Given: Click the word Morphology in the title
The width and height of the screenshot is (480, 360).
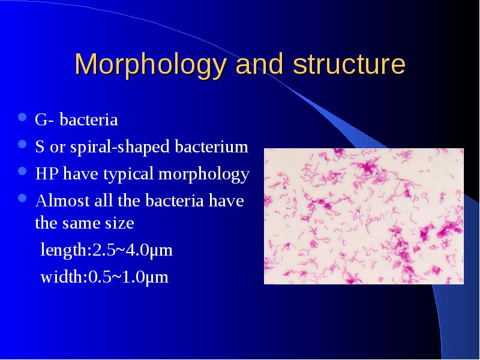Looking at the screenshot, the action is (x=151, y=65).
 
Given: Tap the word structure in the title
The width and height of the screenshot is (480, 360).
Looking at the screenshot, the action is (x=349, y=64).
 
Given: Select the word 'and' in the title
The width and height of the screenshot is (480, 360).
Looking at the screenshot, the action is (x=259, y=64).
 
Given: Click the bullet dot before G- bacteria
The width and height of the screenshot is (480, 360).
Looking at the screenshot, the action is (x=22, y=117).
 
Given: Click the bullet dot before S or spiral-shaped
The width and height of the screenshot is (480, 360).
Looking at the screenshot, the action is (x=22, y=144).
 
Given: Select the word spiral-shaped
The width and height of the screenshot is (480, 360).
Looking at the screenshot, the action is (x=119, y=147).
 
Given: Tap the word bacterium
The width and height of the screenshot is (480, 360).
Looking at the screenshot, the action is (x=212, y=146).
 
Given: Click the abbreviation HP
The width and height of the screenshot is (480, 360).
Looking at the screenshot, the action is (x=47, y=173).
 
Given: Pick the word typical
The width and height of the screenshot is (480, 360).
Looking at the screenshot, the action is (x=128, y=175).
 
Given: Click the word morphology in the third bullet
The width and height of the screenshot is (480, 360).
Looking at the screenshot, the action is (x=204, y=175).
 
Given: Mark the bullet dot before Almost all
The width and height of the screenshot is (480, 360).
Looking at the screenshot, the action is (x=22, y=199).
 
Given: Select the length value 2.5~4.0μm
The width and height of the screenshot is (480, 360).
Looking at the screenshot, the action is (x=132, y=250).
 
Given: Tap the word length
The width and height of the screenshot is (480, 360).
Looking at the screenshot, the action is (x=64, y=250).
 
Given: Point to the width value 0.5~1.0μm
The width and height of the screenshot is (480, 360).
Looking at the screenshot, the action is (x=128, y=277).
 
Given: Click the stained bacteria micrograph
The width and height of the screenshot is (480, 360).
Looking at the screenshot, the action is (x=364, y=216).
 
